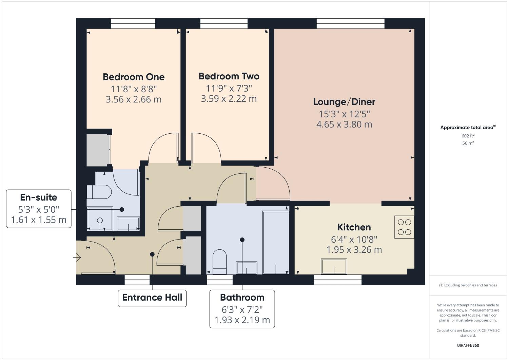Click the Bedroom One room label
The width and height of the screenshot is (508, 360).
(x=134, y=77)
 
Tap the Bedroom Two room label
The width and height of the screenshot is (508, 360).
(x=229, y=76)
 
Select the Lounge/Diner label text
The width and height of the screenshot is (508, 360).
(x=344, y=101)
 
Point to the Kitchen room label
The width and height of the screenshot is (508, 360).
(x=354, y=227)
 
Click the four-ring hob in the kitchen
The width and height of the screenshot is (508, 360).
(x=404, y=227)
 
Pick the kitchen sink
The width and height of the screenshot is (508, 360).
(x=334, y=266)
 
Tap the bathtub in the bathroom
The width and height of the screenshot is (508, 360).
(x=275, y=242)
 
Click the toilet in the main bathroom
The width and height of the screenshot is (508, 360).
(x=219, y=262)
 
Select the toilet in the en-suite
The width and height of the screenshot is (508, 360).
(x=99, y=192)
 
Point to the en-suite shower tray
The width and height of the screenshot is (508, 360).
(x=100, y=219)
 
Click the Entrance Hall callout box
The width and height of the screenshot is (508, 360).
(x=152, y=298)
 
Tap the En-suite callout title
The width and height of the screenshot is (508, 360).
(x=39, y=197)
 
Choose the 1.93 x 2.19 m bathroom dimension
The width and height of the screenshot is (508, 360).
(x=242, y=320)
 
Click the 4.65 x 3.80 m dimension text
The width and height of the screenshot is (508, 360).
(x=344, y=124)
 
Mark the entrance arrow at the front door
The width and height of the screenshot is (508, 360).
(x=77, y=258)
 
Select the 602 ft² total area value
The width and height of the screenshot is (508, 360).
(x=468, y=136)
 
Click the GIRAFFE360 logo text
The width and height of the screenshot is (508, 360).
(x=468, y=345)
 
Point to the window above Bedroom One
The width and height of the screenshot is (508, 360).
(x=133, y=23)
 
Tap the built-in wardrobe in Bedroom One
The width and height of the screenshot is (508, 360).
(x=98, y=150)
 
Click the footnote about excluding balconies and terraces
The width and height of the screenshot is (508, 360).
(x=468, y=285)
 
